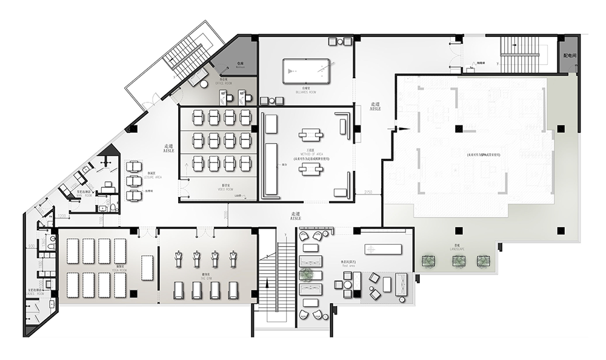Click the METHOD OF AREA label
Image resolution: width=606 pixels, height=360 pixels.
tap(310, 153)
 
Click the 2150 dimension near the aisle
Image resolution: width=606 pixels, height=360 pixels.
tap(368, 192)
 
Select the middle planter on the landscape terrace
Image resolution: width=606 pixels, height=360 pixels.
tap(458, 261)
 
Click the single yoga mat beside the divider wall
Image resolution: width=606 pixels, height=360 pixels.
tap(148, 267)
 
